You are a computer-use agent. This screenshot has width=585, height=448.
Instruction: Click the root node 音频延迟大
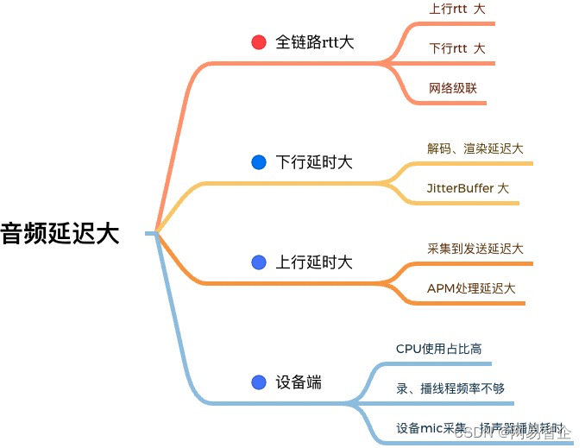pos(60,233)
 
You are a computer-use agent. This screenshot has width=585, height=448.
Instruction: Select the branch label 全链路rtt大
pos(314,42)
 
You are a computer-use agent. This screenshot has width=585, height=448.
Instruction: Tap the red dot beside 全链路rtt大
pos(258,42)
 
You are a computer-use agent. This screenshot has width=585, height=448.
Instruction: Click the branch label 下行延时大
pos(314,162)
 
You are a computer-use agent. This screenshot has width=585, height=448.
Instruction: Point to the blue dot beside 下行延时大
pos(258,162)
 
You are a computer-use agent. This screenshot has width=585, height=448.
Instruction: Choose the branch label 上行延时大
pos(314,262)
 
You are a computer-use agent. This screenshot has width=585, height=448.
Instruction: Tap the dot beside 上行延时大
pos(258,262)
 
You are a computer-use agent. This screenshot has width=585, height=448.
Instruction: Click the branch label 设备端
pos(299,382)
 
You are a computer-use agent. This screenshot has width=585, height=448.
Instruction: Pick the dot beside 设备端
pos(258,382)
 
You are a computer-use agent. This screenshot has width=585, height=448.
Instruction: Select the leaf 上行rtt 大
pos(457,9)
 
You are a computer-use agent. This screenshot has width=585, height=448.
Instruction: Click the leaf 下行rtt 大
pos(457,48)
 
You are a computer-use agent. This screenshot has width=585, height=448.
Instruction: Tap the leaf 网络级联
pos(453,88)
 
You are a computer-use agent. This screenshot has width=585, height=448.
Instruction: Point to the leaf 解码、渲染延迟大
pos(475,148)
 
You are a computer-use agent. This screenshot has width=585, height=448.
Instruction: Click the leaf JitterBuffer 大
pos(468,187)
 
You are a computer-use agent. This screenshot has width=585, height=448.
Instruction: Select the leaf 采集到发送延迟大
pos(475,249)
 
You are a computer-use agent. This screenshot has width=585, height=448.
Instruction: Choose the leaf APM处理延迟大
pos(471,288)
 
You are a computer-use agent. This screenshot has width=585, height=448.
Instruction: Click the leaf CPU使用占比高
pos(438,349)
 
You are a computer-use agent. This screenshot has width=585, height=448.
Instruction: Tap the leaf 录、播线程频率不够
pos(450,388)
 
